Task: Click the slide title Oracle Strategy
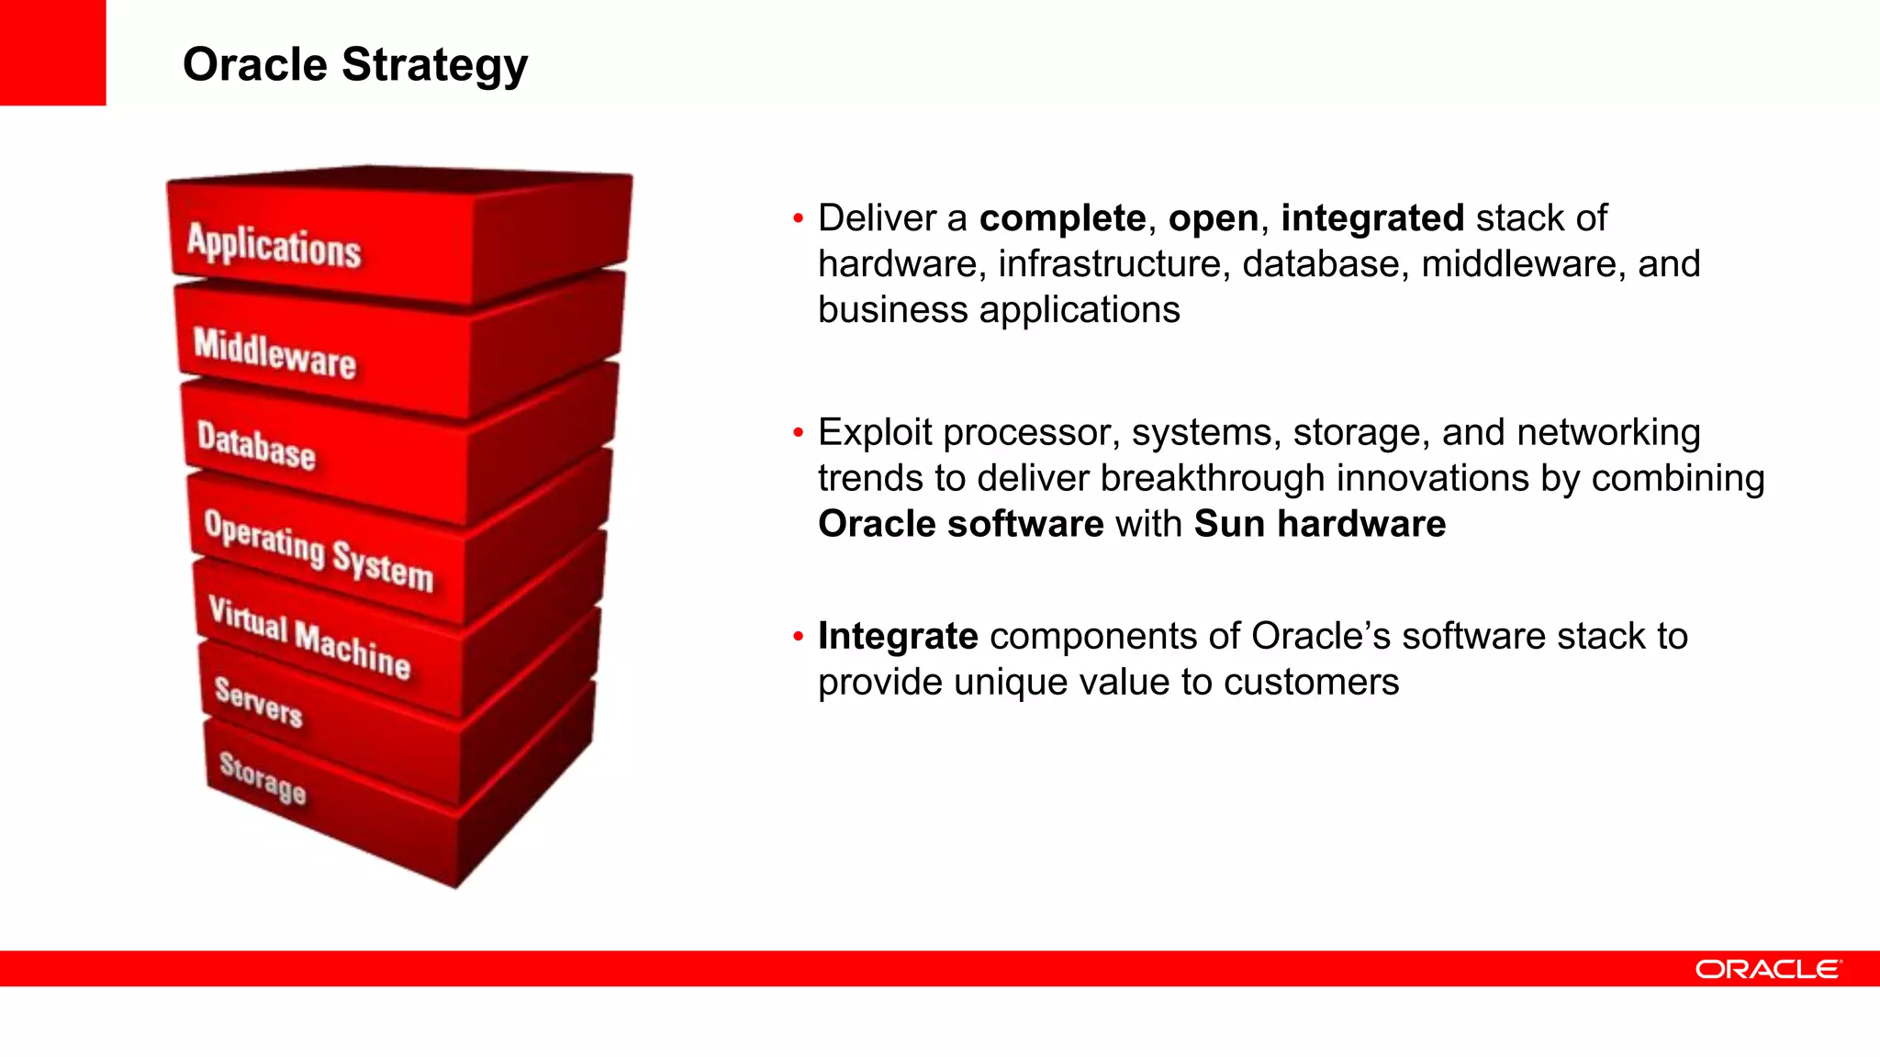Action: pyautogui.click(x=355, y=65)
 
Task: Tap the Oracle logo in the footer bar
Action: pyautogui.click(x=1767, y=969)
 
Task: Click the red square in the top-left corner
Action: pyautogui.click(x=52, y=52)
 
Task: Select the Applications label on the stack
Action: pyautogui.click(x=274, y=245)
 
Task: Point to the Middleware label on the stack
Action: pyautogui.click(x=274, y=353)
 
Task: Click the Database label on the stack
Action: pyautogui.click(x=256, y=446)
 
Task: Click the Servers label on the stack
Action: pyautogui.click(x=258, y=702)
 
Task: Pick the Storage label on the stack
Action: pyautogui.click(x=262, y=777)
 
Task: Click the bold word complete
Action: pyautogui.click(x=1062, y=218)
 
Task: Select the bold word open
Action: pyautogui.click(x=1213, y=218)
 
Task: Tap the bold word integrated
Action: pyautogui.click(x=1372, y=218)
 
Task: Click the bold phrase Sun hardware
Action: pyautogui.click(x=1319, y=524)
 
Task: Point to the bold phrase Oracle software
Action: pyautogui.click(x=960, y=524)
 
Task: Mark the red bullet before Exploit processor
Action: pyautogui.click(x=798, y=432)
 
